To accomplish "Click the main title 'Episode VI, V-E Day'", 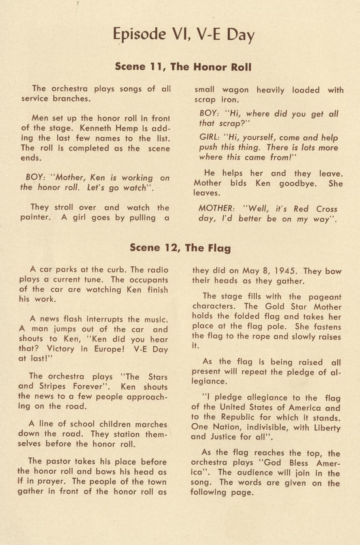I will pos(183,34).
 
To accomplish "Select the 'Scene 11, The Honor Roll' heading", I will pos(183,67).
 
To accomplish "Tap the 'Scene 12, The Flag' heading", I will pos(180,248).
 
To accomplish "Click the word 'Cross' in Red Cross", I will pos(327,209).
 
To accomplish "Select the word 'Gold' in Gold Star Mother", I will pos(275,307).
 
